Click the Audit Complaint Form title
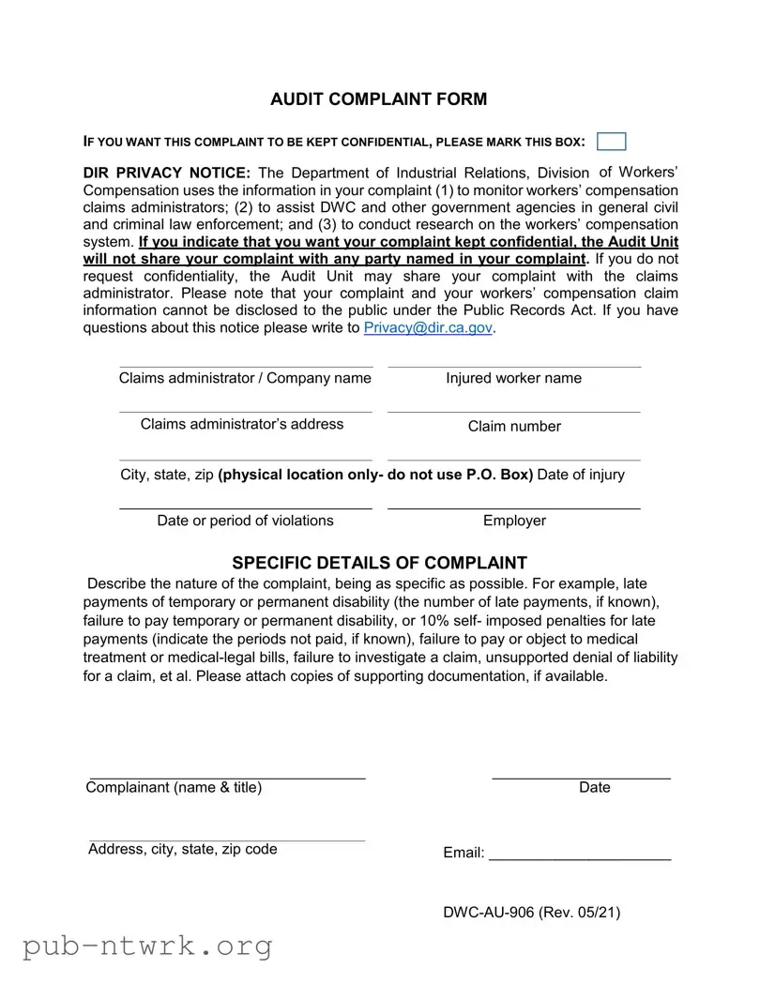pyautogui.click(x=378, y=99)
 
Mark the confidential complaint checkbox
pyautogui.click(x=611, y=142)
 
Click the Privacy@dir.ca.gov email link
pyautogui.click(x=428, y=327)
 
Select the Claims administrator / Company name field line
pyautogui.click(x=246, y=366)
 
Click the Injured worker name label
pyautogui.click(x=513, y=378)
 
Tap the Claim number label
pyautogui.click(x=514, y=427)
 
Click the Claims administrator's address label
pyautogui.click(x=242, y=424)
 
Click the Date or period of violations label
pyautogui.click(x=245, y=521)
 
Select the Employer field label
pyautogui.click(x=514, y=521)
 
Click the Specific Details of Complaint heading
pyautogui.click(x=379, y=563)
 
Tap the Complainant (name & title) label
pyautogui.click(x=174, y=788)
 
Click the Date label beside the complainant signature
pyautogui.click(x=594, y=788)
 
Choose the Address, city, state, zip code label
pyautogui.click(x=183, y=849)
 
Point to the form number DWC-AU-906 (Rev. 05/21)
pyautogui.click(x=531, y=913)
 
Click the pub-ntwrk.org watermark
pyautogui.click(x=147, y=945)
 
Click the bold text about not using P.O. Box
pyautogui.click(x=375, y=475)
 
